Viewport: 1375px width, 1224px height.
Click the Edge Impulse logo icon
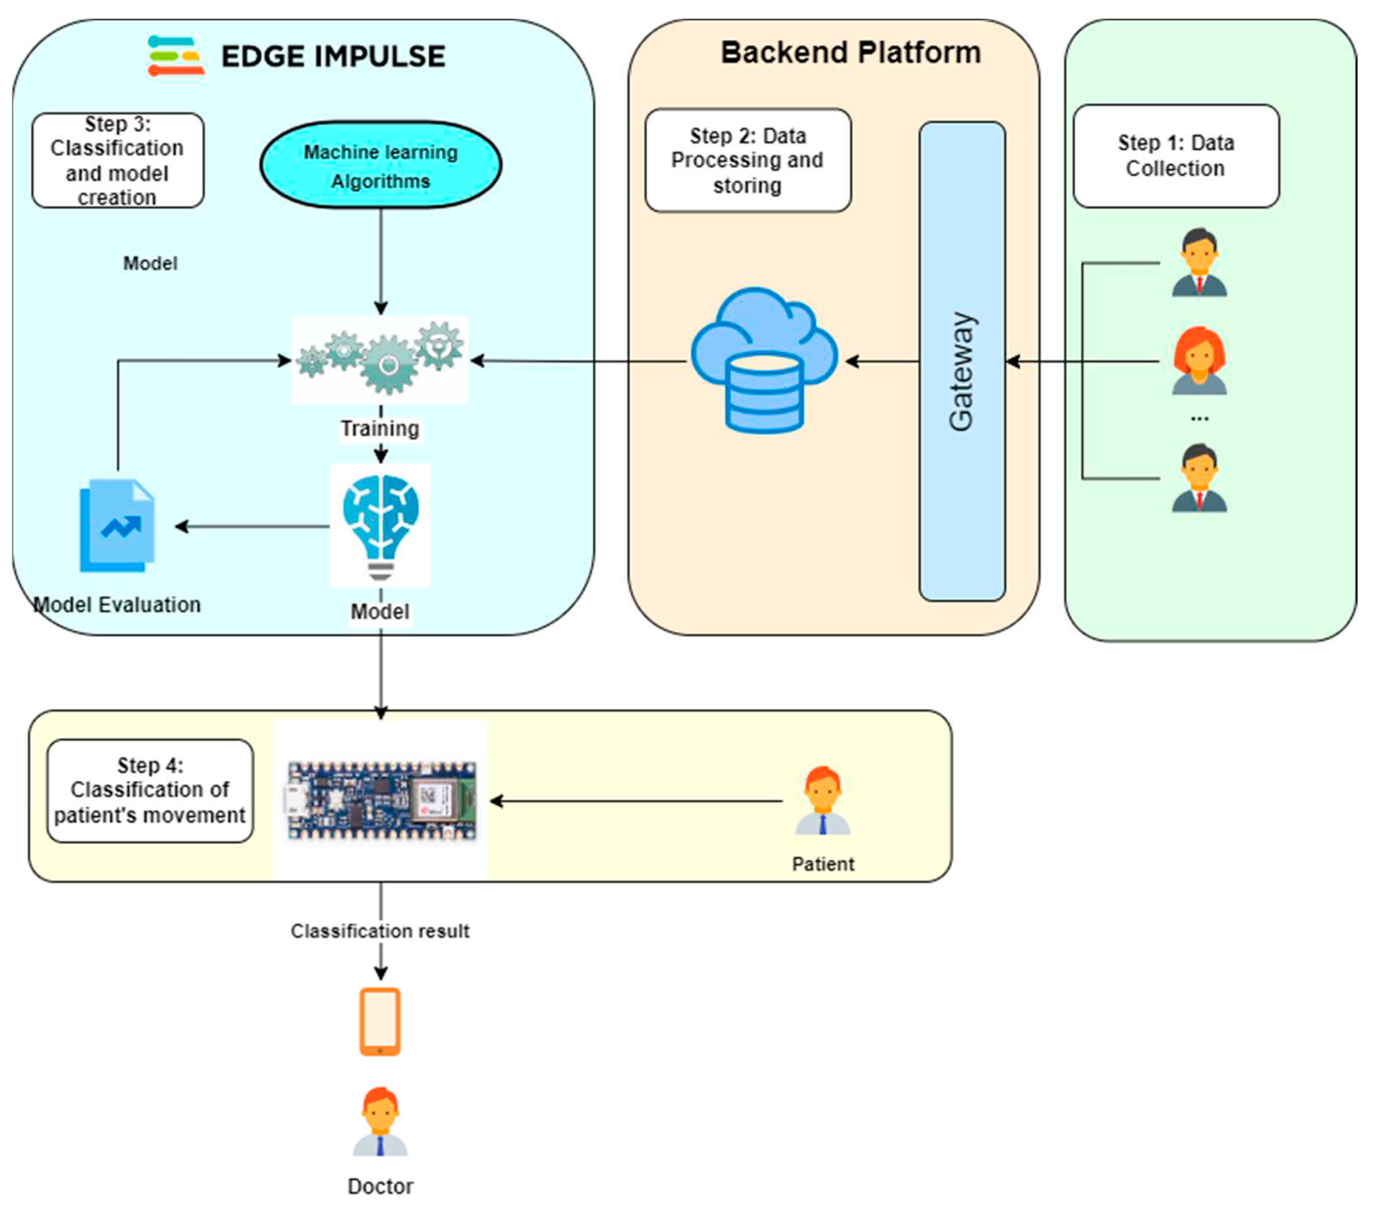[175, 56]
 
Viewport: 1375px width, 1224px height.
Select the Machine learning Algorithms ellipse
[381, 165]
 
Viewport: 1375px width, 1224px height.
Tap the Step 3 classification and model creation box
[118, 161]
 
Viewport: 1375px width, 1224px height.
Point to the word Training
[380, 428]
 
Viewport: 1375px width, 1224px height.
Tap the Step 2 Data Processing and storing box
[747, 161]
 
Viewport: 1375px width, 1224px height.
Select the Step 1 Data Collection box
[1176, 156]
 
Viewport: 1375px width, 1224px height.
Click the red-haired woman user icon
[1200, 361]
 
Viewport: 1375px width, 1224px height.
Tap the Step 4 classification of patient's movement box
[150, 791]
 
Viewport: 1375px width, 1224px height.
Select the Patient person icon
[823, 801]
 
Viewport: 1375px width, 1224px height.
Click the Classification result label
[380, 932]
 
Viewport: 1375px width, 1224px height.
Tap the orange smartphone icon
[380, 1021]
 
